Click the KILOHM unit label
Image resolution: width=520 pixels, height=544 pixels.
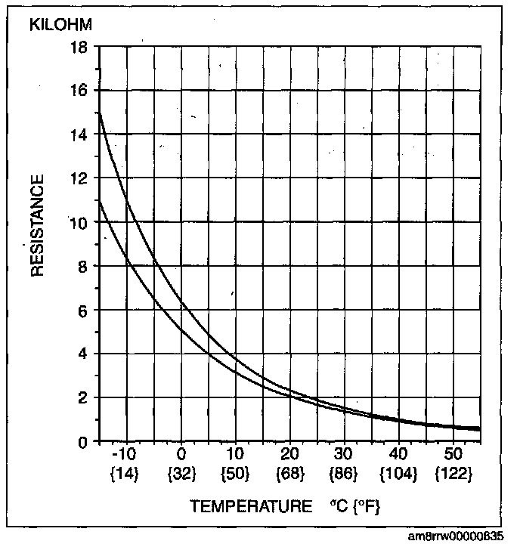point(60,24)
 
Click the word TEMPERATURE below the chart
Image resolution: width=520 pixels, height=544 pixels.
point(250,505)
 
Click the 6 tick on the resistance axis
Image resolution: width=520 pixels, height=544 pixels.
point(82,310)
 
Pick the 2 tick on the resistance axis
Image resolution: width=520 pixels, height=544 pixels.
point(82,397)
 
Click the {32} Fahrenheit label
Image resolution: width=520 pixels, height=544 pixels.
point(181,474)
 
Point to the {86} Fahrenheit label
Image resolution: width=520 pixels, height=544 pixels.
point(344,474)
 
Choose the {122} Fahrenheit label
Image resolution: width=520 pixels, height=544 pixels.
point(453,474)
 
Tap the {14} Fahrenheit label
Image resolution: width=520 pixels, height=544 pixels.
point(125,474)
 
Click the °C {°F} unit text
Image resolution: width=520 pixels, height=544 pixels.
point(356,505)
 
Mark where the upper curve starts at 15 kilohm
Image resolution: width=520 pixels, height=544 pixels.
point(100,113)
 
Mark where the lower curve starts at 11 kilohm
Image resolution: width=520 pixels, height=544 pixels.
point(100,201)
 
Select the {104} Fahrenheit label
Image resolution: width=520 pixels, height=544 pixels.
point(399,474)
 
